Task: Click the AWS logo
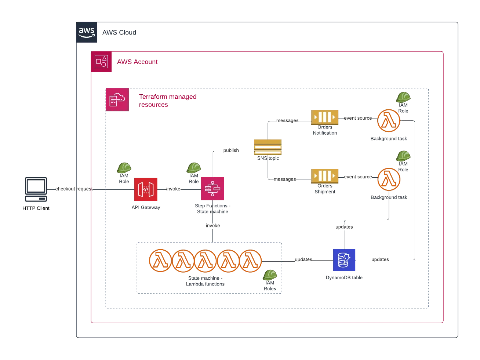pyautogui.click(x=87, y=32)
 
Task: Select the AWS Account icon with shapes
pyautogui.click(x=101, y=62)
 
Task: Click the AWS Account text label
pyautogui.click(x=138, y=62)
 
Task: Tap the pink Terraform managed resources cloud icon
pyautogui.click(x=117, y=99)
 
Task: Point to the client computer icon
pyautogui.click(x=36, y=189)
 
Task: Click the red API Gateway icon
pyautogui.click(x=145, y=189)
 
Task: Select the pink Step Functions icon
pyautogui.click(x=213, y=189)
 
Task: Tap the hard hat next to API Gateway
pyautogui.click(x=124, y=168)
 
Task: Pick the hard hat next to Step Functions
pyautogui.click(x=193, y=168)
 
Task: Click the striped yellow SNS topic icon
pyautogui.click(x=268, y=147)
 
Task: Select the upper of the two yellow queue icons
pyautogui.click(x=325, y=117)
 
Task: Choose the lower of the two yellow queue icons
pyautogui.click(x=325, y=176)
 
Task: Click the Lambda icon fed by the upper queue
pyautogui.click(x=389, y=120)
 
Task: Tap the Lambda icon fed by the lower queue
pyautogui.click(x=389, y=179)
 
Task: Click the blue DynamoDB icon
pyautogui.click(x=344, y=260)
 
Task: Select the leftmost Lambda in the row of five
pyautogui.click(x=160, y=261)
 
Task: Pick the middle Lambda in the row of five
pyautogui.click(x=206, y=261)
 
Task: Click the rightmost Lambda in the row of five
pyautogui.click(x=251, y=261)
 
